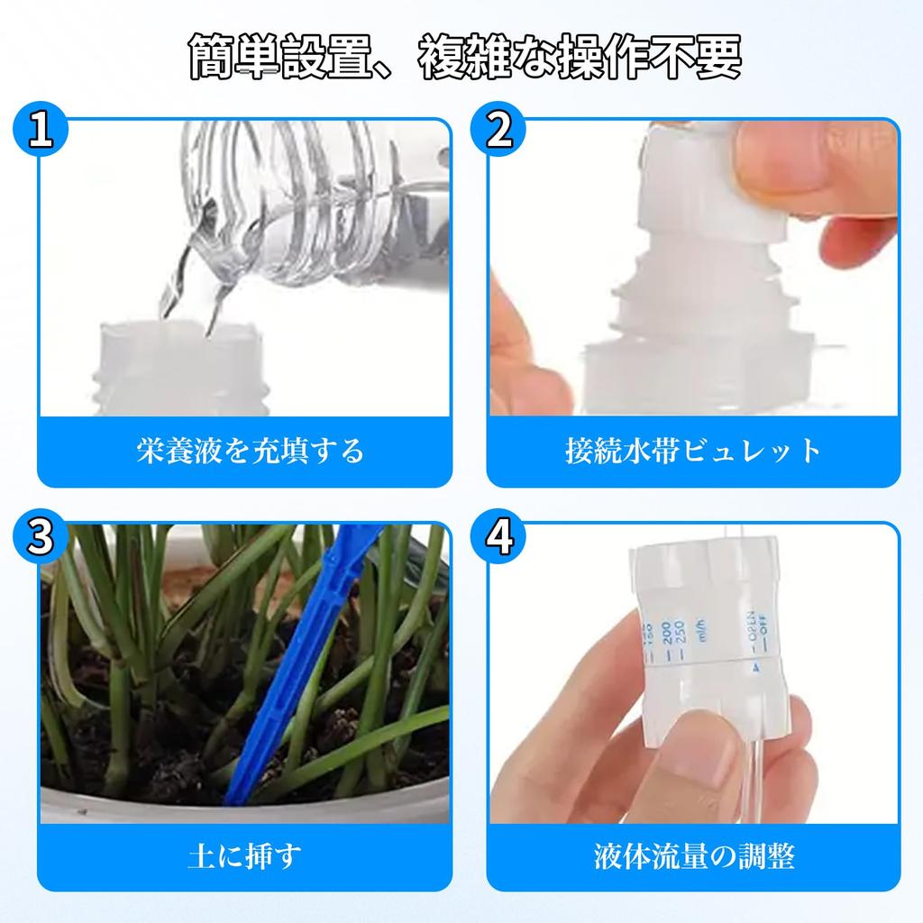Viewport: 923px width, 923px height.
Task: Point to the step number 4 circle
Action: pyautogui.click(x=498, y=537)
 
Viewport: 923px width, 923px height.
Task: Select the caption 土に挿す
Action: pyautogui.click(x=244, y=854)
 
